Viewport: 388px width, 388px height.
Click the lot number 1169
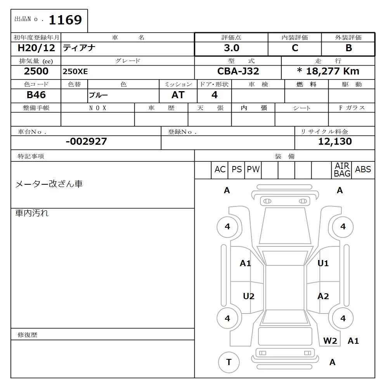[65, 20]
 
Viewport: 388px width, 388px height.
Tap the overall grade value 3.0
[231, 48]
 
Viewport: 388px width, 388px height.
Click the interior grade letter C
[295, 48]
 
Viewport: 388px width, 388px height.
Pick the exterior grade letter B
[348, 48]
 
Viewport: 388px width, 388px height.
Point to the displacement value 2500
[36, 71]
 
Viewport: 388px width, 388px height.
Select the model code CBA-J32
[238, 71]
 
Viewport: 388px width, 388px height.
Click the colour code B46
[36, 95]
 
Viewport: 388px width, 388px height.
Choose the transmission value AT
[178, 95]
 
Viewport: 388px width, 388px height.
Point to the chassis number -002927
[86, 142]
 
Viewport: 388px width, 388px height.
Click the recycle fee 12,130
[335, 142]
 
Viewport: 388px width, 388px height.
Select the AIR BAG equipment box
[342, 170]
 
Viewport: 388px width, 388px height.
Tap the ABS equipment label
[363, 170]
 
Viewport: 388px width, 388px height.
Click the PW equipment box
[253, 170]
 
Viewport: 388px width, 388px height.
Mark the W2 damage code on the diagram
[330, 341]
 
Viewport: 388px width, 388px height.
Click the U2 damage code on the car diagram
[249, 296]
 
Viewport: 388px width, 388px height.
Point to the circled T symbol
[229, 362]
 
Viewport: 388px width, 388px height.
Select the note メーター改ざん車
[49, 184]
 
